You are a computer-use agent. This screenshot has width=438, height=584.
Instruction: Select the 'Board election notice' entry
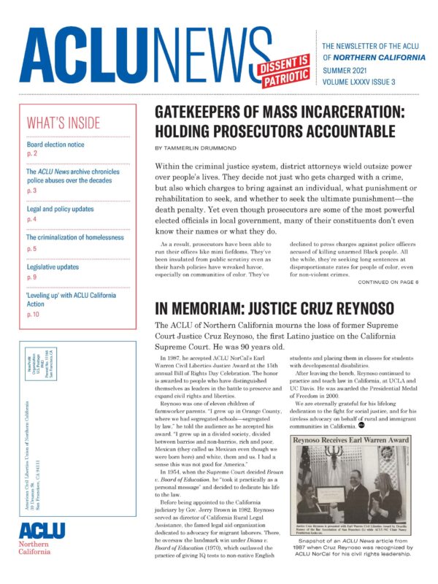[x=55, y=145]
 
